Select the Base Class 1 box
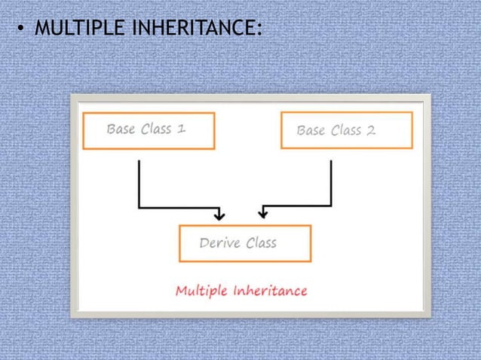tap(149, 130)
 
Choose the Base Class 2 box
tap(346, 130)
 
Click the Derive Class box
tap(245, 243)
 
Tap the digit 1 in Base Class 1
tap(182, 129)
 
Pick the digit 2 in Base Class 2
tap(370, 130)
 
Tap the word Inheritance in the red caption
tap(270, 290)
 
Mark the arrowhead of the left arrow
tap(219, 215)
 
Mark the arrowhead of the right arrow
tap(262, 215)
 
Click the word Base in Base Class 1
tap(121, 129)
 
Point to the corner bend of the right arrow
tap(331, 205)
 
